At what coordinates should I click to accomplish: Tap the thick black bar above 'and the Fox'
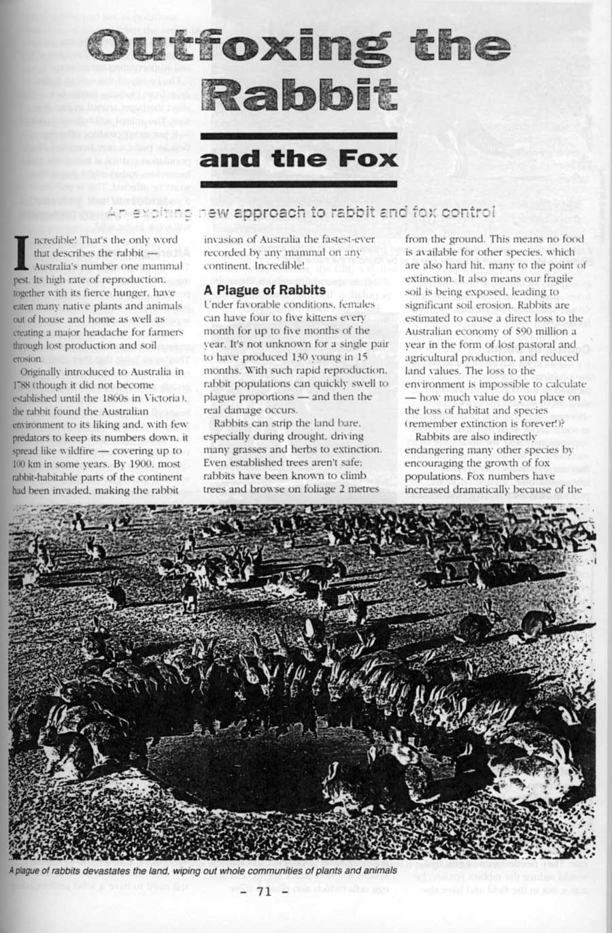click(299, 136)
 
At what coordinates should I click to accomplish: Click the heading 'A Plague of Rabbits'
click(260, 291)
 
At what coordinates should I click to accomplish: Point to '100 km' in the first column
click(24, 463)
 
